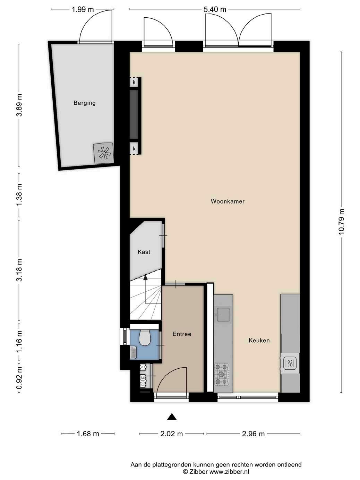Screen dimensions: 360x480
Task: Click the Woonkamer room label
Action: coord(228,202)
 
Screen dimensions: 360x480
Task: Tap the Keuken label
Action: coord(259,340)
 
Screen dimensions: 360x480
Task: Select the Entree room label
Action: coord(182,334)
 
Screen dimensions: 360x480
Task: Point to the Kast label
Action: coord(144,252)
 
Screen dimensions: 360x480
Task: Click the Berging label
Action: coord(85,103)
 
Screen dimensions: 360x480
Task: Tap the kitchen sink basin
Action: coord(223,315)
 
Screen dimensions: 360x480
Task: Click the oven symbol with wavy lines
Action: coord(290,363)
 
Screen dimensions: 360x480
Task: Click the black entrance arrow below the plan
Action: coord(172,417)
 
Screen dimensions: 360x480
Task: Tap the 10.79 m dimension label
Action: coord(341,222)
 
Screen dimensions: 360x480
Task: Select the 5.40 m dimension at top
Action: coord(215,9)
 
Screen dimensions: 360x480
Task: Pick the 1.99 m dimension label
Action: coord(83,9)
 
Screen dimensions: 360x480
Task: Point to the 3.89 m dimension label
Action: coord(19,108)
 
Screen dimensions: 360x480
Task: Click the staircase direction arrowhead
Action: coord(145,277)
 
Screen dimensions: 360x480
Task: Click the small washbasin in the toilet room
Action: coord(133,352)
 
